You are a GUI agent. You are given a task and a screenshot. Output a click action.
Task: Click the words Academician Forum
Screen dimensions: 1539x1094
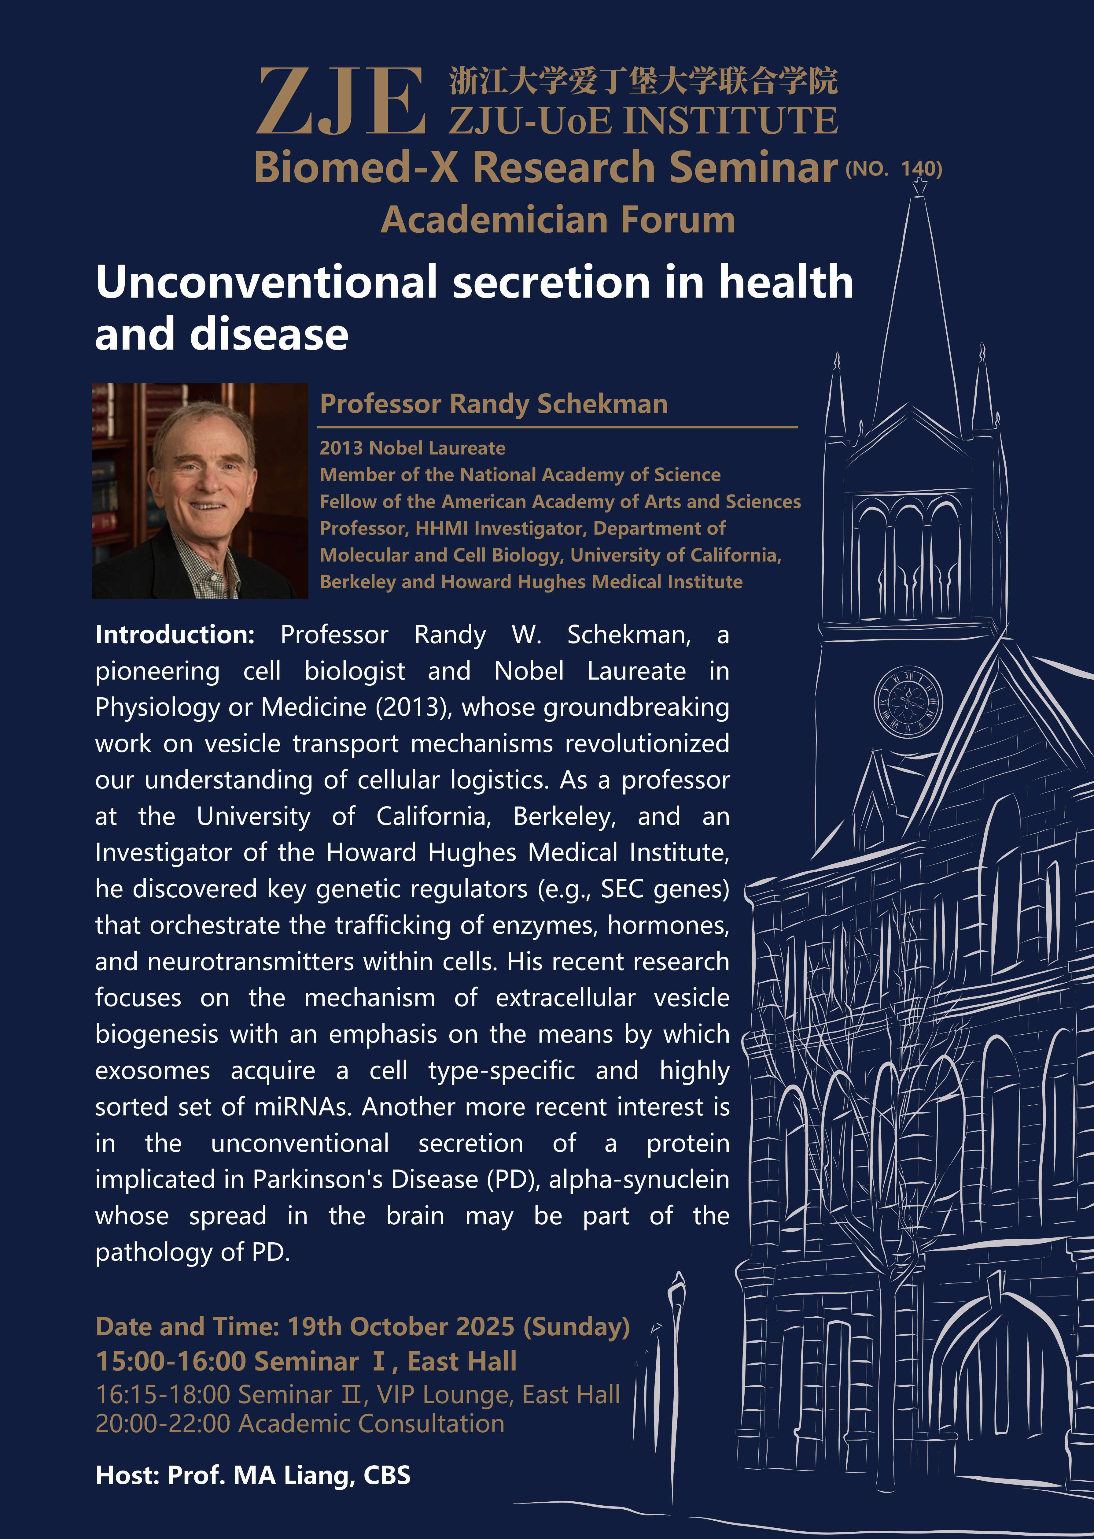pyautogui.click(x=558, y=220)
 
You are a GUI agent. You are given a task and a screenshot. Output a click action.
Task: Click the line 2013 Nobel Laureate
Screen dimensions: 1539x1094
pyautogui.click(x=412, y=448)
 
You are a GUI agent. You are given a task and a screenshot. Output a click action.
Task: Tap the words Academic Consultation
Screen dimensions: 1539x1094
pyautogui.click(x=371, y=1423)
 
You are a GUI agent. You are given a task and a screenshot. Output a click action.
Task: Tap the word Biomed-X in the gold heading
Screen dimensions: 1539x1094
pyautogui.click(x=356, y=167)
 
